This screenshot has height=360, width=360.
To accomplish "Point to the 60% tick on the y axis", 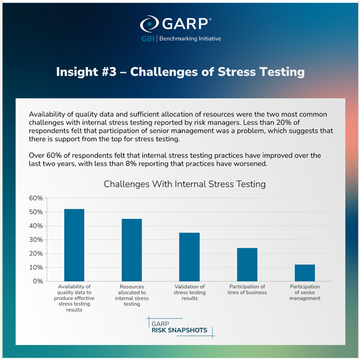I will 35,198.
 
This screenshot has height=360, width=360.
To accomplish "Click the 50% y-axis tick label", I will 35,212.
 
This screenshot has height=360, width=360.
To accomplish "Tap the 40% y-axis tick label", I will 35,226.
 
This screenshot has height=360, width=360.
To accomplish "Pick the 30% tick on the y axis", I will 35,240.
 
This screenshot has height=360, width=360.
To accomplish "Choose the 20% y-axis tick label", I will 35,253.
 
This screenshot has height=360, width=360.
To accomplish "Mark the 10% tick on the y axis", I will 35,267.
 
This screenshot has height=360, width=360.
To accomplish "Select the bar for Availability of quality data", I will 74,245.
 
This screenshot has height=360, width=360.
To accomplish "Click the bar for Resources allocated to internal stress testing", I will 132,250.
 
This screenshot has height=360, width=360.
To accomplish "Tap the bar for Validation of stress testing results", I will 189,257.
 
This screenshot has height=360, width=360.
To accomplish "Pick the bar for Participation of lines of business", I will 247,264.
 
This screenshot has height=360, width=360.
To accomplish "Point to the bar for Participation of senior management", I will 304,273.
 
